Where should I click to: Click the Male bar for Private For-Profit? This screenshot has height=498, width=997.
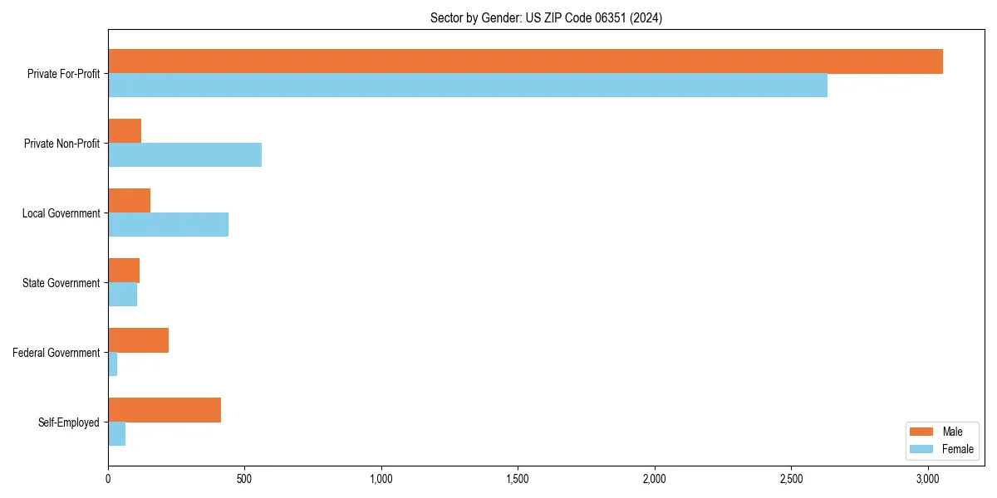(525, 61)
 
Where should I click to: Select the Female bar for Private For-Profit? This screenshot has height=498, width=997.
(468, 85)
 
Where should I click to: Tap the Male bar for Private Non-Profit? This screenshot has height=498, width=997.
(125, 131)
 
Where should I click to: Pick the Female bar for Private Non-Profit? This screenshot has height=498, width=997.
(184, 155)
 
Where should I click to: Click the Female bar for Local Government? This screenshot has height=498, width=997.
(168, 225)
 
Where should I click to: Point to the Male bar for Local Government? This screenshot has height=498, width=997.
(129, 201)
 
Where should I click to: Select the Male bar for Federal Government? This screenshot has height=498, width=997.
(138, 340)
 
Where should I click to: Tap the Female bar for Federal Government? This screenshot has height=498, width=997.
(112, 364)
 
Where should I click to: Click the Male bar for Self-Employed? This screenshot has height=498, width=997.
(165, 410)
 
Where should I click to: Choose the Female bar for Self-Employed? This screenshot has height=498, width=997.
(116, 434)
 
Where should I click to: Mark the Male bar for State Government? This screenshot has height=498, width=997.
(124, 271)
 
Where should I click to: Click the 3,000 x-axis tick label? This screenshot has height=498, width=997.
(928, 479)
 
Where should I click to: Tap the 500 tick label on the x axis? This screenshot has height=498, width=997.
(244, 479)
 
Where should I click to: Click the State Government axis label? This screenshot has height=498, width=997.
(61, 283)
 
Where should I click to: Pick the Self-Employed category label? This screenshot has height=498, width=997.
(68, 422)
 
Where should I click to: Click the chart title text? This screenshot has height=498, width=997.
(546, 17)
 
